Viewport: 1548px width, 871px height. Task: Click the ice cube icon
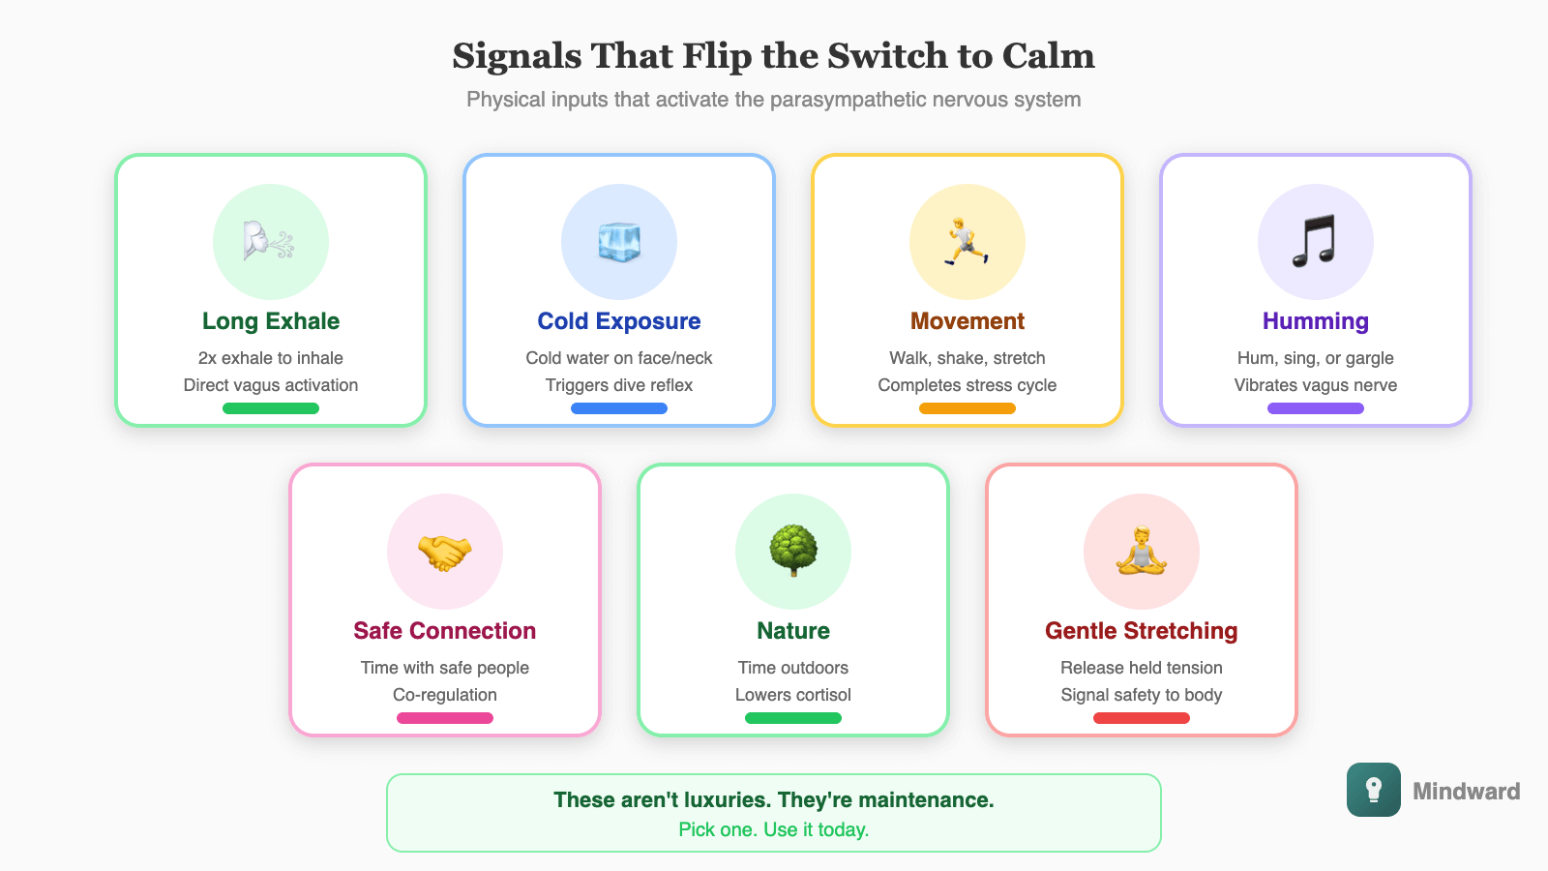tap(619, 242)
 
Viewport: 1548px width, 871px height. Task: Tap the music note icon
tap(1315, 241)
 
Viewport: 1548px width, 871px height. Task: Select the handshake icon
tap(445, 553)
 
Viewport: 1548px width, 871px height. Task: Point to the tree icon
tap(793, 550)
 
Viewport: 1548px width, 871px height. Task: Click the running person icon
tap(967, 242)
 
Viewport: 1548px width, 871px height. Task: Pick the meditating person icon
tap(1142, 552)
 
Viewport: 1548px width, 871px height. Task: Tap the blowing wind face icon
tap(269, 242)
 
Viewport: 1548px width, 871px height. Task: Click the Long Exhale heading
tap(271, 321)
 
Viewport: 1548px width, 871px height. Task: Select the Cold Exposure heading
tap(619, 321)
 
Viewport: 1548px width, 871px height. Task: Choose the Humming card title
tap(1316, 321)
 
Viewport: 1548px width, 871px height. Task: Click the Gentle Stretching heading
tap(1142, 631)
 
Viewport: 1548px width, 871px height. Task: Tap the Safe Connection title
tap(445, 631)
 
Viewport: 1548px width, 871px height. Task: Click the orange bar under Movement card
tap(967, 408)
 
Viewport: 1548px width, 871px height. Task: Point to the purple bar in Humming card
tap(1316, 408)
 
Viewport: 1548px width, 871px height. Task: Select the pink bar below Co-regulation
tap(445, 718)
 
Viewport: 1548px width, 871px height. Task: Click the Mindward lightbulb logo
tap(1373, 790)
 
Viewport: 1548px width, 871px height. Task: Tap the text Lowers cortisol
tap(793, 695)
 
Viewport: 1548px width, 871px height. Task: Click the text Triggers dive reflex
tap(619, 385)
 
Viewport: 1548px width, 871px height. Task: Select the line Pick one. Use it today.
tap(774, 829)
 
